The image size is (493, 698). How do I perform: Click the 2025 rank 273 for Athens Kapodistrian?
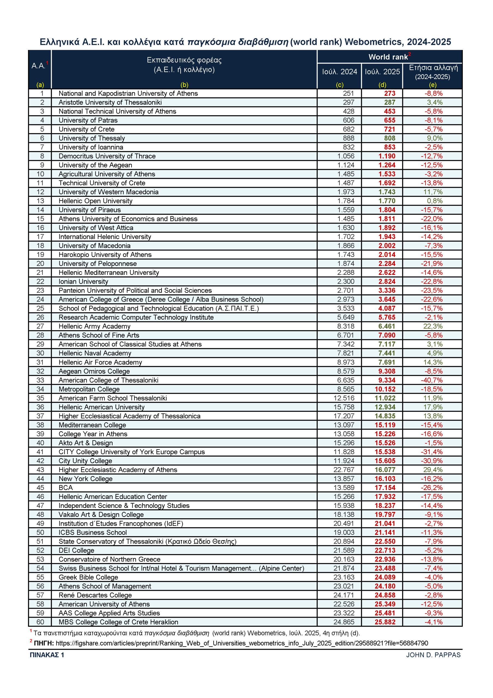389,93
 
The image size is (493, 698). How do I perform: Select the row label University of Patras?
88,121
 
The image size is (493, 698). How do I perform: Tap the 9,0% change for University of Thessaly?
435,138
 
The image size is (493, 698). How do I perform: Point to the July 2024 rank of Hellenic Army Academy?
346,326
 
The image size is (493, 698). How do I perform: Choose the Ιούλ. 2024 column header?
339,72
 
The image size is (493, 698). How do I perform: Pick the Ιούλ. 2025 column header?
382,72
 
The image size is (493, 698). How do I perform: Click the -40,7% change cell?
432,380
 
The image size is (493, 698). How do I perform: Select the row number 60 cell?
40,622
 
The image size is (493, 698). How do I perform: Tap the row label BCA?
66,488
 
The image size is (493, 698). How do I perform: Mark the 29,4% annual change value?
433,470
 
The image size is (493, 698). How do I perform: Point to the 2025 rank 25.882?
385,622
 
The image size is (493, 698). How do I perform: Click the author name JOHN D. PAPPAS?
433,655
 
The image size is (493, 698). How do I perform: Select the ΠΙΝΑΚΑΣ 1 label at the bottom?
47,655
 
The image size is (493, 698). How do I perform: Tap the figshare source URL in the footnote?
242,643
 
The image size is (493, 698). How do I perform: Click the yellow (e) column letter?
433,85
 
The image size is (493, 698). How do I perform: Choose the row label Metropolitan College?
89,389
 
